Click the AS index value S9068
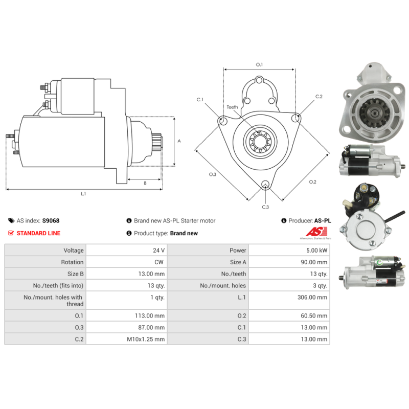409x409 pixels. click(51, 221)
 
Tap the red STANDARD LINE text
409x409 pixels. click(38, 233)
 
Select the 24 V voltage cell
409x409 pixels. click(158, 251)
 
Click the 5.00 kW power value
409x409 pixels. click(316, 251)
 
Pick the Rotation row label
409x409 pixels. click(72, 262)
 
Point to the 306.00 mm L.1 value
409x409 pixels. click(312, 298)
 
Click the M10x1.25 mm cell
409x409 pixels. click(146, 339)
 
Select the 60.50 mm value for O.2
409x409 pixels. click(314, 315)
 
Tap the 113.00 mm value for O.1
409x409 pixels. click(150, 315)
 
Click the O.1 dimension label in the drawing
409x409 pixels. click(259, 64)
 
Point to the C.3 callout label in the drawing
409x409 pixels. click(265, 207)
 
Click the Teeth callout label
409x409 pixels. click(232, 107)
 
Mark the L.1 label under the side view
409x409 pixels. click(83, 194)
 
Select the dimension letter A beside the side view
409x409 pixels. click(179, 141)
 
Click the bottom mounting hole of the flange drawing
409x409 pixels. click(265, 184)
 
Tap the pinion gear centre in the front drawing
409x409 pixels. click(260, 142)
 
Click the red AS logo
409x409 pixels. click(316, 232)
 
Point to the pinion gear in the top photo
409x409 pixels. click(375, 113)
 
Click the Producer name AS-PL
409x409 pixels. click(323, 221)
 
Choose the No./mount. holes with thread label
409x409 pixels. click(53, 301)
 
